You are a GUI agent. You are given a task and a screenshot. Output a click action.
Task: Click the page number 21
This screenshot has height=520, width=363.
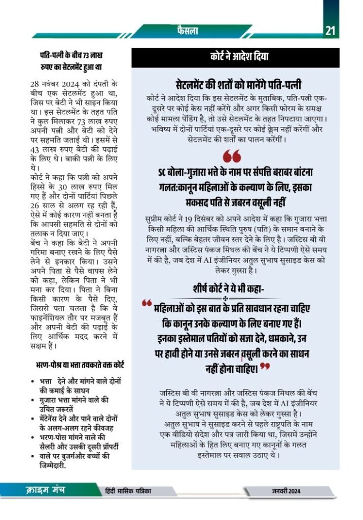click(x=331, y=31)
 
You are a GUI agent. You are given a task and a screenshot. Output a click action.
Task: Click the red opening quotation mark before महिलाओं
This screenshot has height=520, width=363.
click(x=147, y=304)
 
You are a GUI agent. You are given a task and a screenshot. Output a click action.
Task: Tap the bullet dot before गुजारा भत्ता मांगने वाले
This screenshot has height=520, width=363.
click(x=33, y=400)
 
